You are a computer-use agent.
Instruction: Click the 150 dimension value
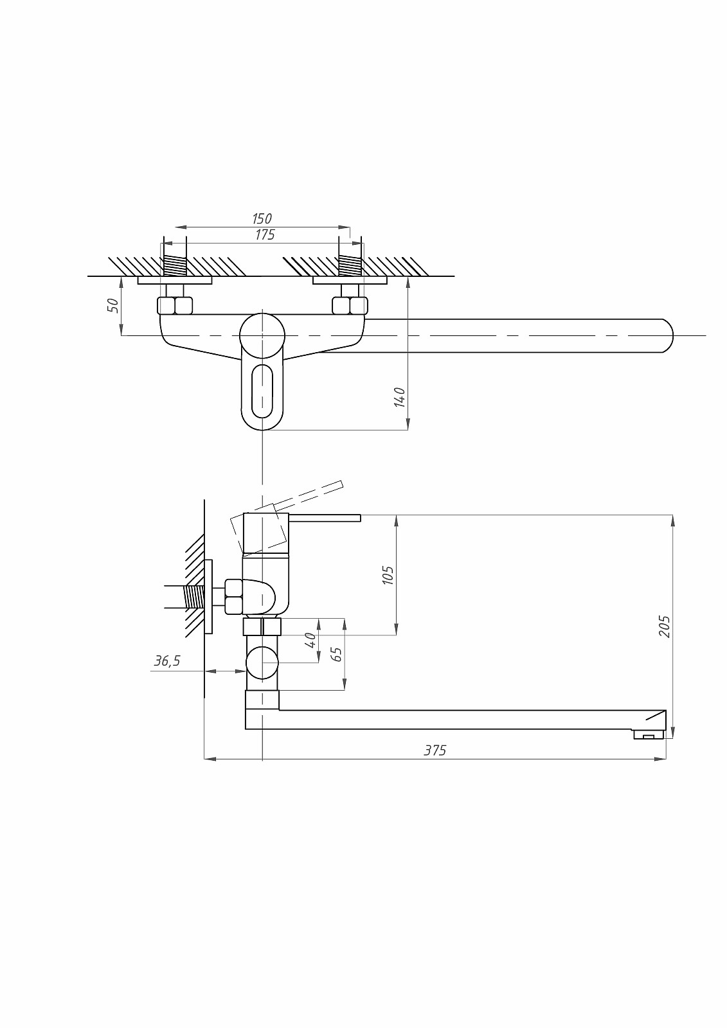click(x=262, y=218)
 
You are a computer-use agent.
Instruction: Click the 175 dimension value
click(x=265, y=235)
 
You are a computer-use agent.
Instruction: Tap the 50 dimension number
click(x=113, y=305)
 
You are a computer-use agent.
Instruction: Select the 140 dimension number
click(x=400, y=397)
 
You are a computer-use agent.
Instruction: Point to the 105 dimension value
click(x=388, y=575)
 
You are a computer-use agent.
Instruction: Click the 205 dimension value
click(x=665, y=626)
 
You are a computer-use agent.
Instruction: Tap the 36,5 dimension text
click(x=167, y=661)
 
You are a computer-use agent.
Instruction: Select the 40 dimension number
click(x=311, y=640)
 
